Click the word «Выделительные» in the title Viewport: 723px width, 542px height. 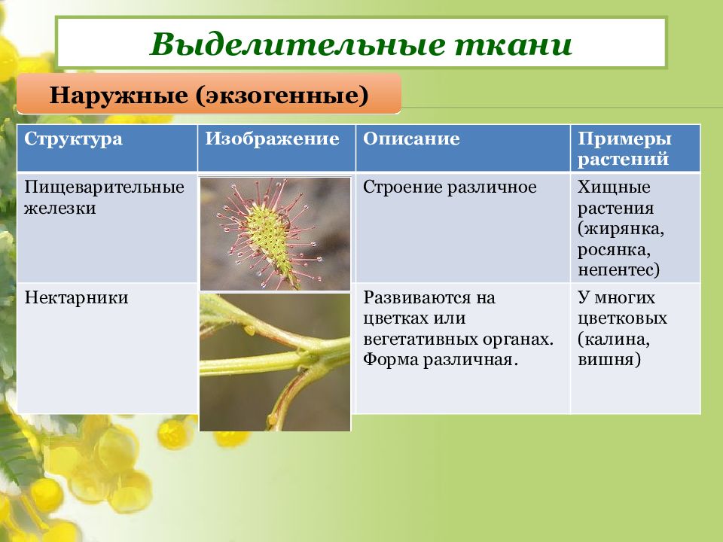297,44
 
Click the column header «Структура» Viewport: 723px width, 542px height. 73,139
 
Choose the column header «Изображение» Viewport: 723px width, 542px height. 272,139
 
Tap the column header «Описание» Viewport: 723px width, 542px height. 411,139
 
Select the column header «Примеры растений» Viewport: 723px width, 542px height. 624,148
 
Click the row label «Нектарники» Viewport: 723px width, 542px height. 76,298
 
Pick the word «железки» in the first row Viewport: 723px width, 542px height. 60,208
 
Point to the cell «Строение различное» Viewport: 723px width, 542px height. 450,187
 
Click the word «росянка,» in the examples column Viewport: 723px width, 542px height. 614,249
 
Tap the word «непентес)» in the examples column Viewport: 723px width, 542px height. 619,270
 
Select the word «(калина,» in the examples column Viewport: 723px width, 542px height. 614,340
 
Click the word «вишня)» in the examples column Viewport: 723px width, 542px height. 609,360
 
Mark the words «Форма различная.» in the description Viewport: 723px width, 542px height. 441,360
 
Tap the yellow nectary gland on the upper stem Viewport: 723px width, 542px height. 249,330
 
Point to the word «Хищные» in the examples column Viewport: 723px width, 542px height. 614,187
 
